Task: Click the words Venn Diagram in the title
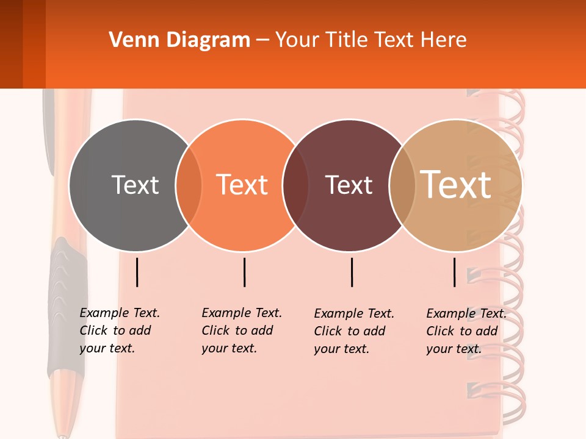(x=179, y=40)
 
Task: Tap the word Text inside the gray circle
(x=135, y=185)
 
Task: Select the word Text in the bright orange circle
(x=242, y=185)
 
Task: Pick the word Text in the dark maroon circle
(x=349, y=185)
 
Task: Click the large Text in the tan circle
(x=456, y=185)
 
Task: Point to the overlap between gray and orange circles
(x=189, y=185)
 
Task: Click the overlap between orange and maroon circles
(x=295, y=185)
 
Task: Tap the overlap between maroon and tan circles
(x=401, y=185)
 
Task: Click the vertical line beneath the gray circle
(x=137, y=272)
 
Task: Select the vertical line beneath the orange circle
(x=244, y=272)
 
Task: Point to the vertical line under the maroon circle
(x=352, y=272)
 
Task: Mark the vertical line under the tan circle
(x=455, y=272)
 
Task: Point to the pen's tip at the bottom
(x=62, y=435)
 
